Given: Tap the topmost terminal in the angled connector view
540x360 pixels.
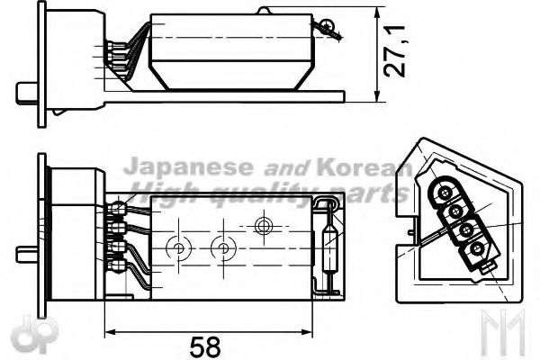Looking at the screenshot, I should [x=445, y=192].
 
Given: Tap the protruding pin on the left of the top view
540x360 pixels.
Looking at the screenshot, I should [x=23, y=94].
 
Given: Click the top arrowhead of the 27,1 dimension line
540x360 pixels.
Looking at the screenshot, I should [x=374, y=12].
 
